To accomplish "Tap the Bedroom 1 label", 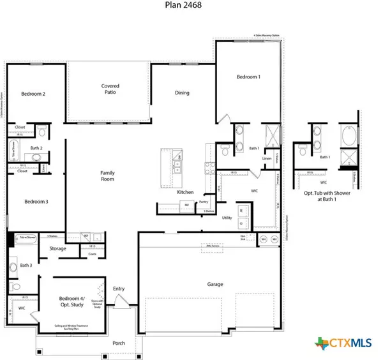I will (248, 77).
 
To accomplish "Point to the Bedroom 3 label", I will (36, 201).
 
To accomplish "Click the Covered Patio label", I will (110, 89).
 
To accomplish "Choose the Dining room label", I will (183, 93).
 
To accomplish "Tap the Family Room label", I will (107, 176).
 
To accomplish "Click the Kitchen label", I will (185, 191).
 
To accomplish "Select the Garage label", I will (215, 284).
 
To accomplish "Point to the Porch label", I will (119, 343).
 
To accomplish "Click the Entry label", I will (119, 289).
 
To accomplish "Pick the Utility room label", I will (226, 218).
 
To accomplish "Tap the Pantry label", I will (204, 202).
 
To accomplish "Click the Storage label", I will (58, 248).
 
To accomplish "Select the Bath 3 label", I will (26, 265).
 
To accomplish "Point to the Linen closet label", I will (267, 158).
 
